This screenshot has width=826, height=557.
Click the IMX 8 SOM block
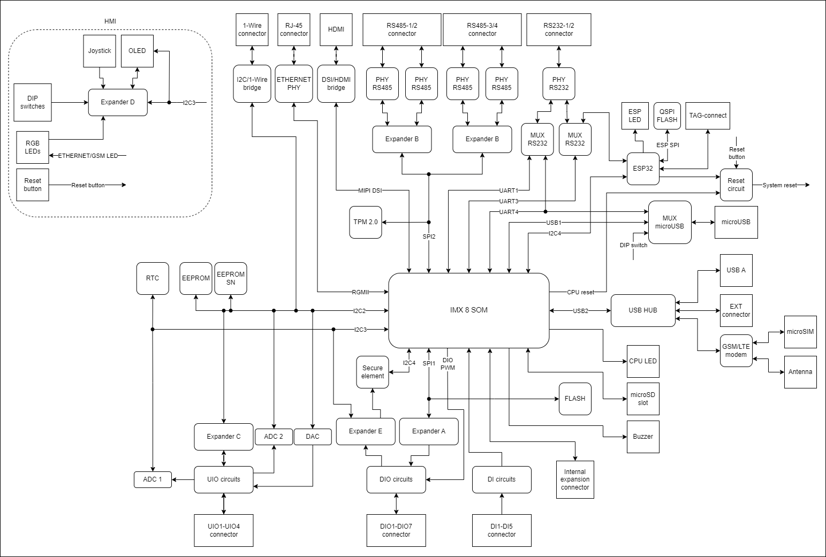(468, 310)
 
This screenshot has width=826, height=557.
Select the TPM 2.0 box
(366, 222)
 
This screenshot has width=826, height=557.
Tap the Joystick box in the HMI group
(100, 51)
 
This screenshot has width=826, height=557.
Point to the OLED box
(137, 51)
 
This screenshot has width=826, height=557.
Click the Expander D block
(118, 102)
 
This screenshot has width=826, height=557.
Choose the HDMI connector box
(336, 29)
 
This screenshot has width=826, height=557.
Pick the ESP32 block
(643, 169)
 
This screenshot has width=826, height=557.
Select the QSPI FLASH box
(667, 116)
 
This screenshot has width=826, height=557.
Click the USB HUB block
(643, 310)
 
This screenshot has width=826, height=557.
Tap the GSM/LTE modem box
(736, 350)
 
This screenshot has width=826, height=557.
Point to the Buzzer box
(643, 437)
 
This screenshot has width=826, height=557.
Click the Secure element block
(373, 372)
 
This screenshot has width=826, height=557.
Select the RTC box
(153, 278)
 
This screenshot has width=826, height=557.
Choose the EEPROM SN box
(231, 278)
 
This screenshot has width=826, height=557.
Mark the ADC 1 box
(153, 479)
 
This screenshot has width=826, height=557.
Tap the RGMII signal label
(360, 292)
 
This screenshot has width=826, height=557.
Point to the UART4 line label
(509, 212)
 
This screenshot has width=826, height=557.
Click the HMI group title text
(110, 21)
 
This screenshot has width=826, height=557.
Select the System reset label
(779, 185)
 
